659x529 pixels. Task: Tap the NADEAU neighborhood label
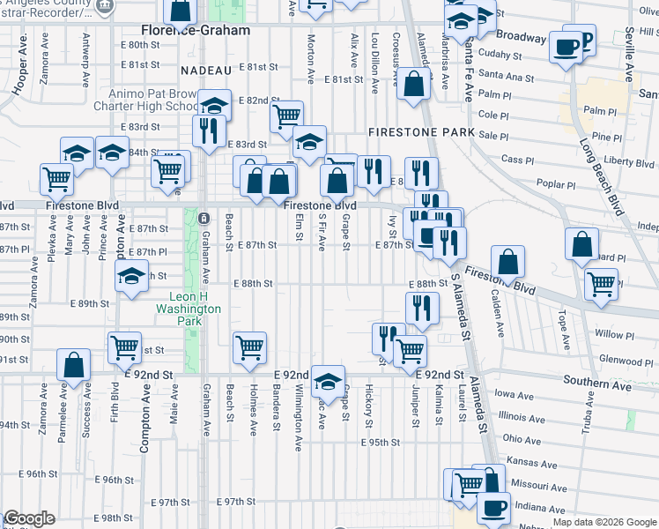(204, 70)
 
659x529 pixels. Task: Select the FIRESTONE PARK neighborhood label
(422, 132)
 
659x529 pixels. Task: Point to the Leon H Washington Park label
(188, 309)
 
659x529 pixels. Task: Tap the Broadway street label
(521, 37)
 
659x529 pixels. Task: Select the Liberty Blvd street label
(629, 162)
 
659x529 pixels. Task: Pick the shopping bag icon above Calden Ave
(507, 262)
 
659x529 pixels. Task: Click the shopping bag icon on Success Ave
(74, 365)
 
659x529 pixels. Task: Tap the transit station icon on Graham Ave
(204, 218)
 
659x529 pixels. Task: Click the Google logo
(29, 518)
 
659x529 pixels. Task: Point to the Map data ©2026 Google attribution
(603, 522)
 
